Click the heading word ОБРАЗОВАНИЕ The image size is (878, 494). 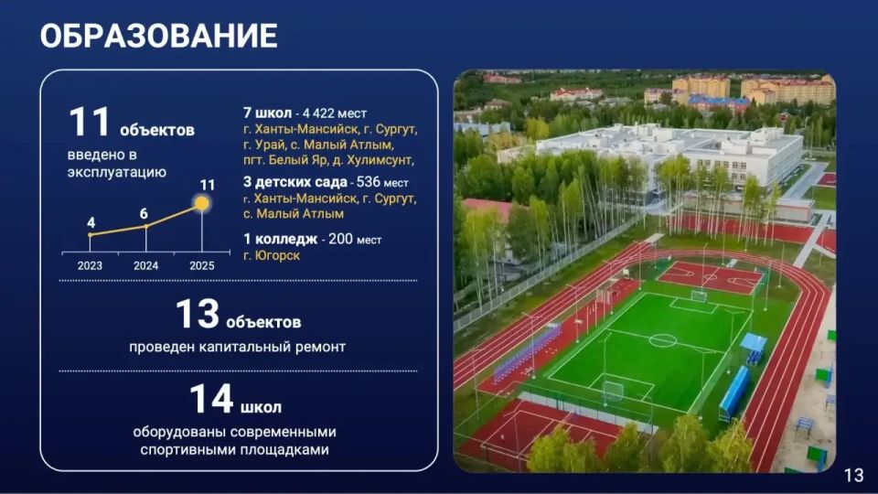point(158,37)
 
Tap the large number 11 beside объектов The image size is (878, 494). point(89,122)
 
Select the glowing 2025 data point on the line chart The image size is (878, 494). point(201,203)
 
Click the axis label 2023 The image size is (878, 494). point(90,265)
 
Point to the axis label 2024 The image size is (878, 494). point(145,265)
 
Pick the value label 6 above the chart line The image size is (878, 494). point(144,213)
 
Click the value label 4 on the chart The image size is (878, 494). point(91,223)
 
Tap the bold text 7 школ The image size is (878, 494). point(268,113)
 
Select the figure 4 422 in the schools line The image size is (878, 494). point(318,113)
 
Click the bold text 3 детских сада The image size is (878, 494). point(295,182)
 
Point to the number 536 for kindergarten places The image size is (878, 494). point(368,182)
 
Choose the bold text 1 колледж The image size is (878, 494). point(281,239)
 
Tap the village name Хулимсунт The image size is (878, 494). point(380,160)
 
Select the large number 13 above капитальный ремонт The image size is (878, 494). point(198,314)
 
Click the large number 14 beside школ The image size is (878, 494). point(211,399)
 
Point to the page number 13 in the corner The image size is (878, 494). point(853,476)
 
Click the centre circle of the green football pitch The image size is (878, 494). point(662,340)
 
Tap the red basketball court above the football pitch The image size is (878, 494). point(710,277)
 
